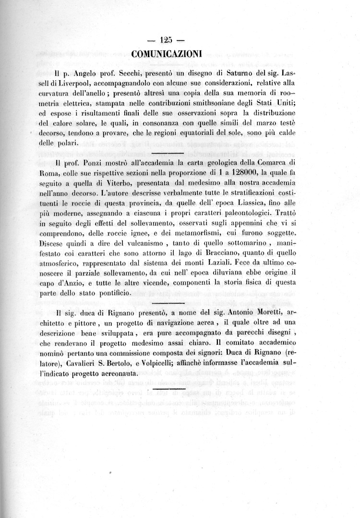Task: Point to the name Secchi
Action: point(123,74)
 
